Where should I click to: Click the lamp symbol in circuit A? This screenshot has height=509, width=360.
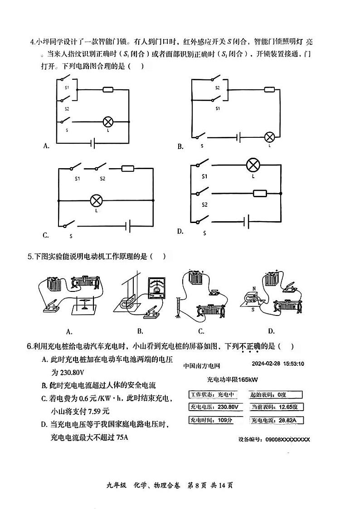[107, 121]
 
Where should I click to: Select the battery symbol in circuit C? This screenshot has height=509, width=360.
[129, 225]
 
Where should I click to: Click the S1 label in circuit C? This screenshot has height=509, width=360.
[78, 179]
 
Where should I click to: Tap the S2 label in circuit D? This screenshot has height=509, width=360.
[204, 205]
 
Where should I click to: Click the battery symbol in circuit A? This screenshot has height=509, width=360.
[93, 144]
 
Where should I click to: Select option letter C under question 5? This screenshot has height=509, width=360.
[201, 331]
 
